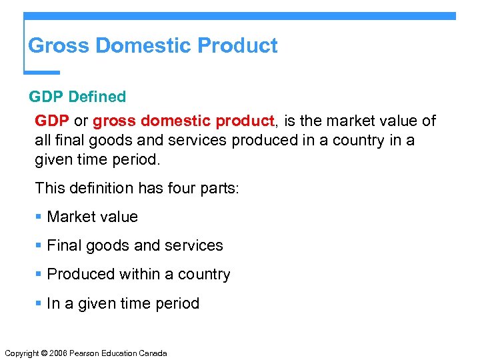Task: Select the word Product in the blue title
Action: (238, 46)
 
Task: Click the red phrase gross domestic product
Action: (183, 121)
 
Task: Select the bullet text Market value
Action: (93, 217)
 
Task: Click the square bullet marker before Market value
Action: (39, 217)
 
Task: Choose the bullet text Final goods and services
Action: (135, 245)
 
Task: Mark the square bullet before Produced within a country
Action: (39, 275)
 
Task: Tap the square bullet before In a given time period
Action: (39, 304)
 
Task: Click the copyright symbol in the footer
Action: (43, 353)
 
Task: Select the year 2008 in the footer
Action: (58, 353)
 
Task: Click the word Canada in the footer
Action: (153, 353)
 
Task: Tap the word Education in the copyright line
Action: (117, 353)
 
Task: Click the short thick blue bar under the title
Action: (42, 72)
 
